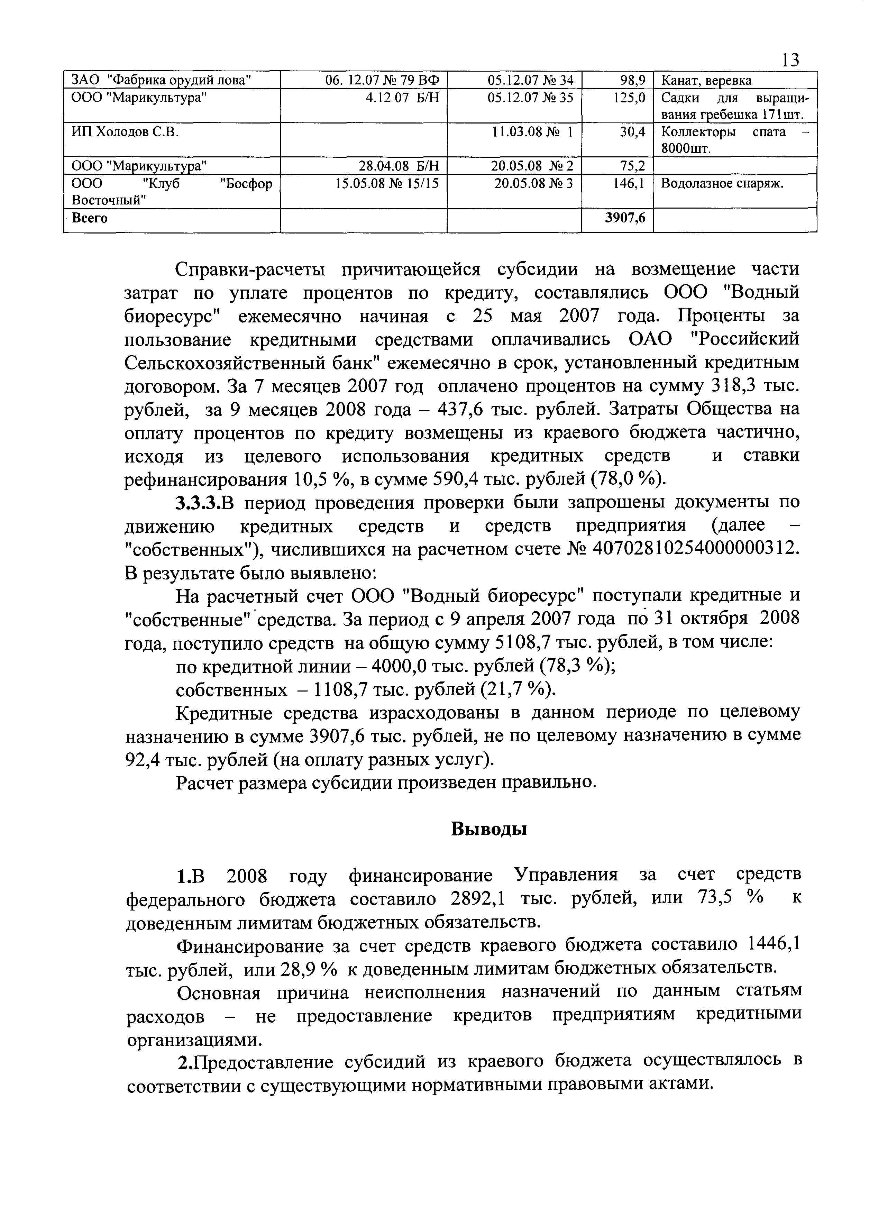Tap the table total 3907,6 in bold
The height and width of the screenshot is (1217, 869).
625,218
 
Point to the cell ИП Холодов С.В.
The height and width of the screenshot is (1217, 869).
125,131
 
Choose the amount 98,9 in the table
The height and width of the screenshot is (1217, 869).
632,80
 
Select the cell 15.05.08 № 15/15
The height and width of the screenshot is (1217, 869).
386,183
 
